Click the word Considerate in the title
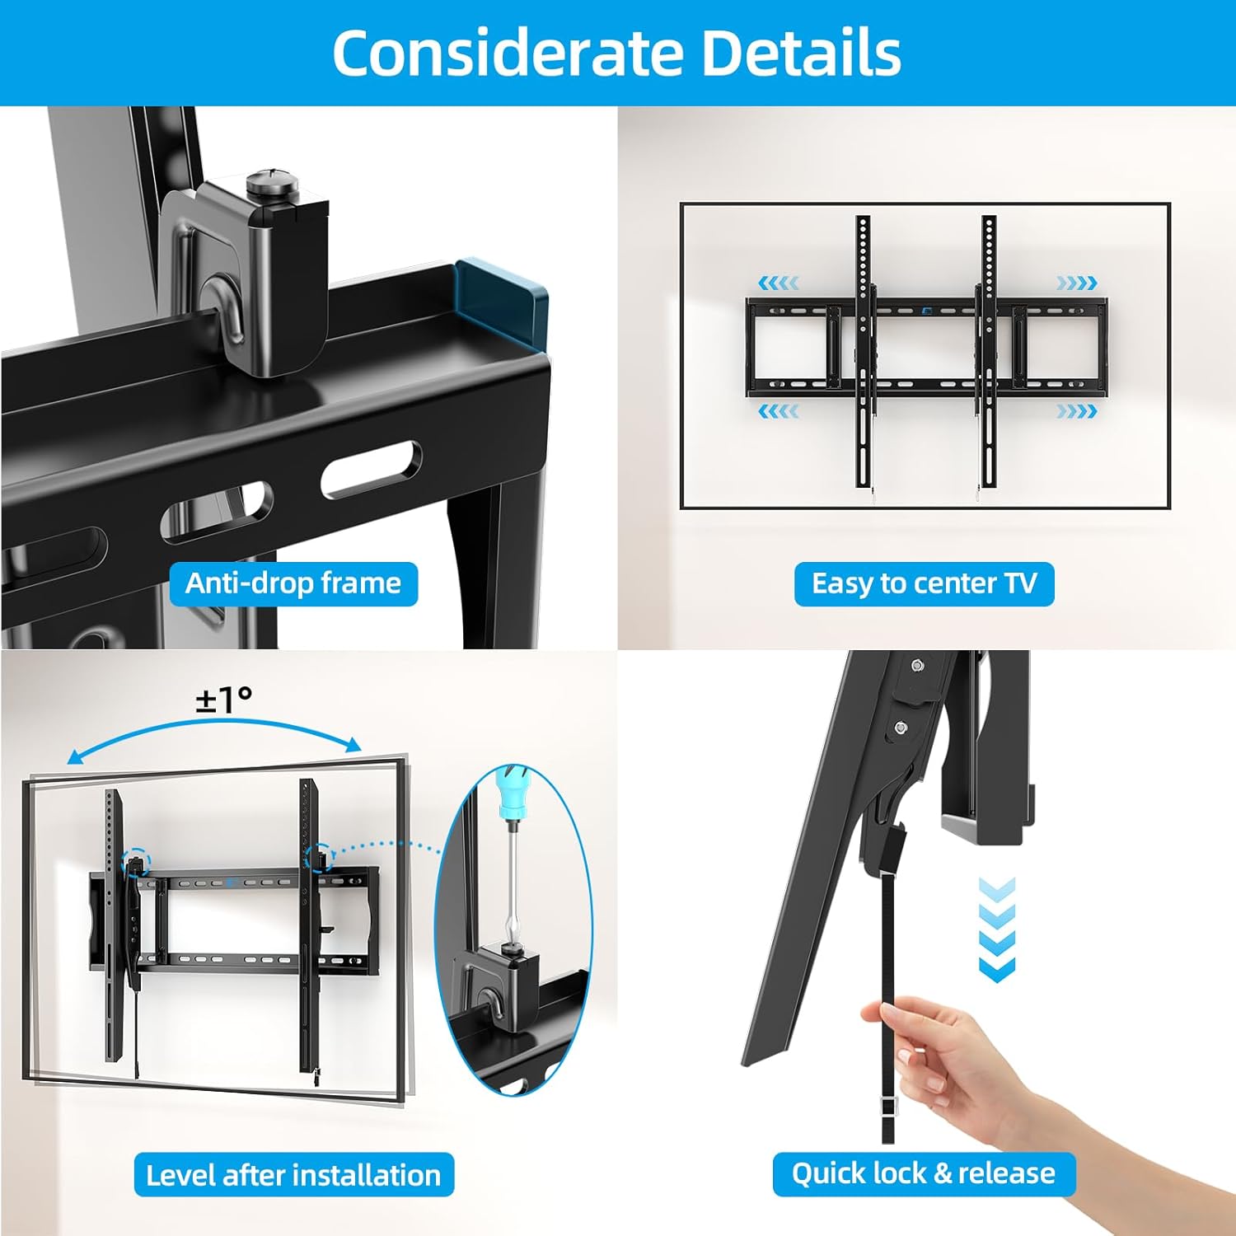pyautogui.click(x=508, y=54)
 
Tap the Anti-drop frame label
pyautogui.click(x=293, y=583)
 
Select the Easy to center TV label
pyautogui.click(x=924, y=583)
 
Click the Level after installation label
pyautogui.click(x=293, y=1174)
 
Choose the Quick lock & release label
pyautogui.click(x=923, y=1173)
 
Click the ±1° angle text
pyautogui.click(x=223, y=700)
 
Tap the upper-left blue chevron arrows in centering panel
pyautogui.click(x=778, y=283)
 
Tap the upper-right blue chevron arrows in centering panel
pyautogui.click(x=1077, y=283)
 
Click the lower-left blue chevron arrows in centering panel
pyautogui.click(x=778, y=410)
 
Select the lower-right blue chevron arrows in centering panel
pyautogui.click(x=1077, y=410)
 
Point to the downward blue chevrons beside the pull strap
pyautogui.click(x=997, y=929)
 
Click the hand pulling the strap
pyautogui.click(x=939, y=1055)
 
